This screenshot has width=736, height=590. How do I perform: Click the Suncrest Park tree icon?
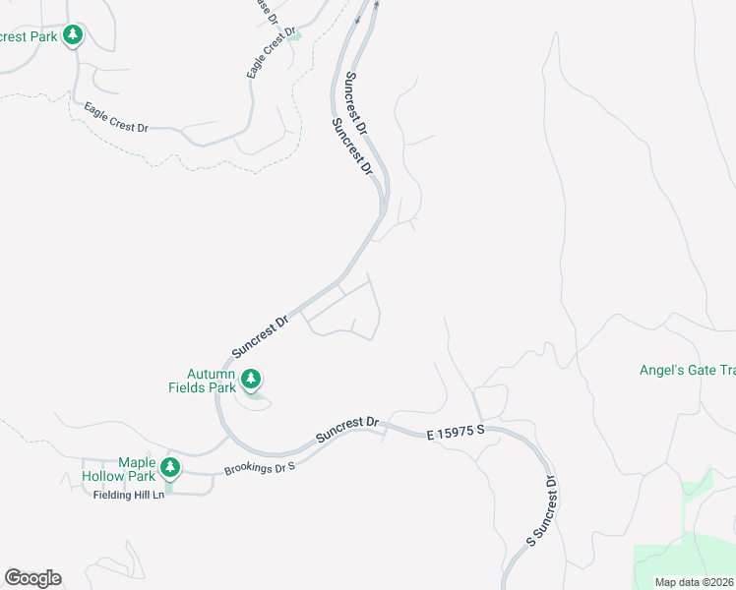click(x=72, y=35)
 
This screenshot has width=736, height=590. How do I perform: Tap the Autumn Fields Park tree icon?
click(x=251, y=378)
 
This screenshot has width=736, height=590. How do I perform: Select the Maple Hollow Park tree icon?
click(x=171, y=466)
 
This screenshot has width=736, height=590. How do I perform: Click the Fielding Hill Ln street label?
click(x=129, y=494)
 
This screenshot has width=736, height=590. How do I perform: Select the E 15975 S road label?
click(x=459, y=433)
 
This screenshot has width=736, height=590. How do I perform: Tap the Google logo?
click(x=32, y=578)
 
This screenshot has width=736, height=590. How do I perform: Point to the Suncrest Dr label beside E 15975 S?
click(x=346, y=430)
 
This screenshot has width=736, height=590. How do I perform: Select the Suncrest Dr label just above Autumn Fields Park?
click(x=260, y=335)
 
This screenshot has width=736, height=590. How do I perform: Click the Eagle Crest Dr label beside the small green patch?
click(x=271, y=53)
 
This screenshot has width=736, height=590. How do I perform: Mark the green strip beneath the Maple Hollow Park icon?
click(x=169, y=484)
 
